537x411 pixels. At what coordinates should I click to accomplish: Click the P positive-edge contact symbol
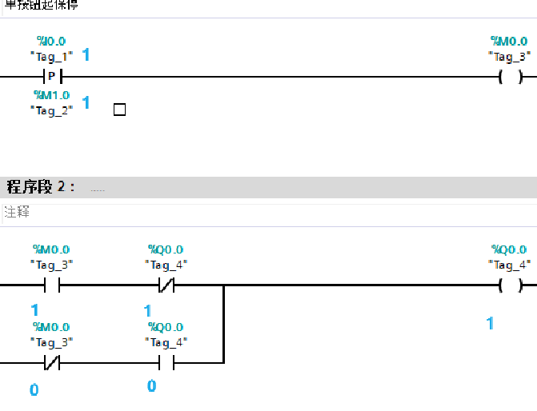(x=52, y=77)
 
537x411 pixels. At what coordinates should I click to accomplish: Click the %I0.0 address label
(x=52, y=41)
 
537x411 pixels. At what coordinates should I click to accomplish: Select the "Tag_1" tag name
(x=52, y=56)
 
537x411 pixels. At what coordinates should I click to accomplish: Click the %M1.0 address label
(x=52, y=95)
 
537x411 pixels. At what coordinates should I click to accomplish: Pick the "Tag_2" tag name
(x=52, y=110)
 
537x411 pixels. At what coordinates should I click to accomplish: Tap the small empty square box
(x=119, y=110)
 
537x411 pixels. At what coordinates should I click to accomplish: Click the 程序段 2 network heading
(x=40, y=187)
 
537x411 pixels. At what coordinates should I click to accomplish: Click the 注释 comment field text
(x=16, y=213)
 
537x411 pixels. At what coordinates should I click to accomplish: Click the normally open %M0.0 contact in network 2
(x=52, y=285)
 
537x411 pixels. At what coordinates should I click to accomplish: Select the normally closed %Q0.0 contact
(x=166, y=285)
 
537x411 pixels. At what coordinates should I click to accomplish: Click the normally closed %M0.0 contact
(x=52, y=363)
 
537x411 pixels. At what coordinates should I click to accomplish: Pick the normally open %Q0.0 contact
(x=166, y=363)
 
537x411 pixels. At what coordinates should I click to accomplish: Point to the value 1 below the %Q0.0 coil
(x=490, y=323)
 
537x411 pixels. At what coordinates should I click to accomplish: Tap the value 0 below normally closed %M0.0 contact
(x=34, y=389)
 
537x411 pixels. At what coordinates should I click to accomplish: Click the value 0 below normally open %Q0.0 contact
(x=151, y=386)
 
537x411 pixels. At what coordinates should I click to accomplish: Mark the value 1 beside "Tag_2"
(x=86, y=102)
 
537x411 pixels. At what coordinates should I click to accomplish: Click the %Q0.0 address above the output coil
(x=509, y=249)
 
